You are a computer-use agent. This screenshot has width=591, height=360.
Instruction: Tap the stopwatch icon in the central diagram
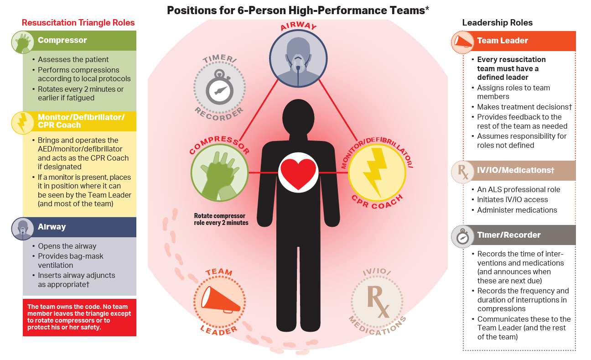(219, 87)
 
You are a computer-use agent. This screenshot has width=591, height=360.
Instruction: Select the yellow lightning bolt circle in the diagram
(377, 173)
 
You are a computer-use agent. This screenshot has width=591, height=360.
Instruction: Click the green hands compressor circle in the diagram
(219, 173)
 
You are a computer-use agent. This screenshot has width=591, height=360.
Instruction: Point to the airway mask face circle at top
(298, 58)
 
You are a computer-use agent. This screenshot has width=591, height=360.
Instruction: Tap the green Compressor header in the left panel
(79, 41)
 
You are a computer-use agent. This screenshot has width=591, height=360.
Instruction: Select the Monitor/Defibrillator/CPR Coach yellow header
(79, 121)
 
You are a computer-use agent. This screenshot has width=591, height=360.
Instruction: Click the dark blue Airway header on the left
(79, 227)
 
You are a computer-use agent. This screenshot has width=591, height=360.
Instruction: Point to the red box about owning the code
(79, 317)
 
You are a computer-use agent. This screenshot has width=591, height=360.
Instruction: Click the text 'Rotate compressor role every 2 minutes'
(221, 219)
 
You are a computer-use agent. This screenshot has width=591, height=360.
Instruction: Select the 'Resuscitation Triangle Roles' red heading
(78, 23)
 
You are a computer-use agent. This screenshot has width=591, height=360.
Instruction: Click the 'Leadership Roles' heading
(498, 23)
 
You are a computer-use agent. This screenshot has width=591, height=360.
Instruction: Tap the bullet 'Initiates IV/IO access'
(513, 200)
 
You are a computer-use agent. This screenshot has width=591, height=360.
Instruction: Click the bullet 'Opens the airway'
(67, 246)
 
